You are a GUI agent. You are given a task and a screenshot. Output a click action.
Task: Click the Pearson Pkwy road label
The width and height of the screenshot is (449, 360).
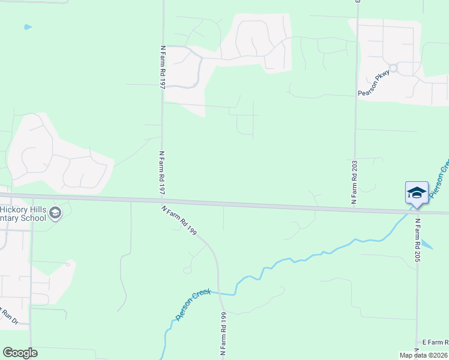374,83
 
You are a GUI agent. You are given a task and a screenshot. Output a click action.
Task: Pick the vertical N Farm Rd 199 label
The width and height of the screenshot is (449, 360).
223,335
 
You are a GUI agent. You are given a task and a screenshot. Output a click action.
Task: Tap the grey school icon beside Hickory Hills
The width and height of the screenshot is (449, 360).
55,213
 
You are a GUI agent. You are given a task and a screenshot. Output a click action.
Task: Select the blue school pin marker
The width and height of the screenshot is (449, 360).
417,193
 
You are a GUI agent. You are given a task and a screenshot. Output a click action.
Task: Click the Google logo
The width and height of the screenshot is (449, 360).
20,353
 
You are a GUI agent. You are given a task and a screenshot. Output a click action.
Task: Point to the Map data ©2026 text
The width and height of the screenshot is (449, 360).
424,355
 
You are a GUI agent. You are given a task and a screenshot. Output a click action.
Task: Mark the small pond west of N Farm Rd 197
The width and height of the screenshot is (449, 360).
28,27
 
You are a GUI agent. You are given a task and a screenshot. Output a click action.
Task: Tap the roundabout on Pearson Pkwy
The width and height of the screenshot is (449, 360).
393,68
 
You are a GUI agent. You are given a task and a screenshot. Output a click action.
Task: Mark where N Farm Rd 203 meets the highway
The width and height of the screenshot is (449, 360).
355,209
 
